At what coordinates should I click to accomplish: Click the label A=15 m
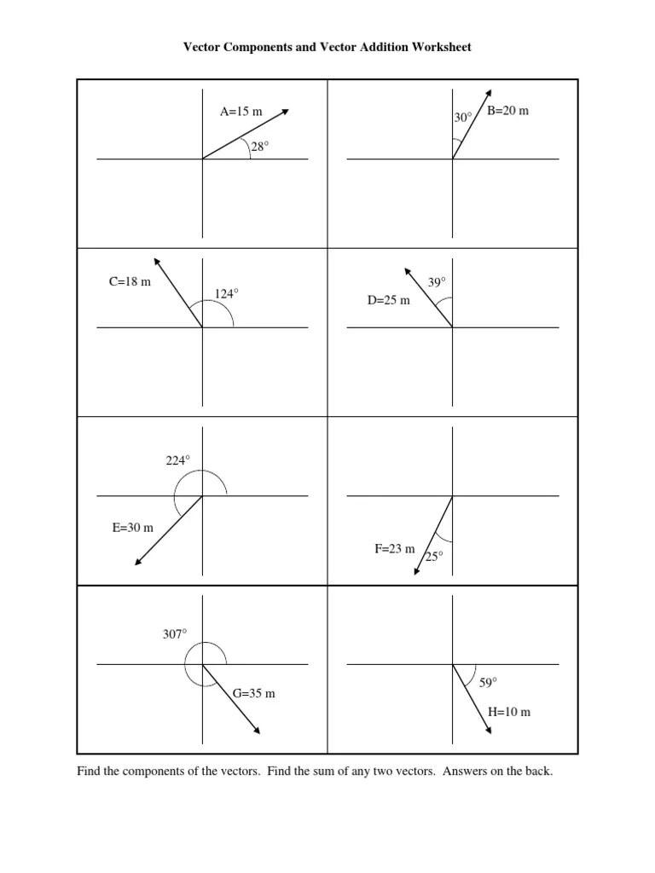241,112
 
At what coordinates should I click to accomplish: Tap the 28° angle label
259,147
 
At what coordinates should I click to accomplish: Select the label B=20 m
508,112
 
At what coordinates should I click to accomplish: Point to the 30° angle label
463,119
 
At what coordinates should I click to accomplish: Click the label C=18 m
130,282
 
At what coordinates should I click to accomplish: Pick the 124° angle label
226,293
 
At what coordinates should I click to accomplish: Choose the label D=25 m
389,300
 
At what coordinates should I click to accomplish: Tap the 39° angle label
437,282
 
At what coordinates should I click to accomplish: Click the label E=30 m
133,528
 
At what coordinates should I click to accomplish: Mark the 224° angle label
177,460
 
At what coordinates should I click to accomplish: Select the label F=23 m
394,549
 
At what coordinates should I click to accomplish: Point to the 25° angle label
435,556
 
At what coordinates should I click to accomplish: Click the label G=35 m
254,693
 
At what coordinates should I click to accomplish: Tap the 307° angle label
174,633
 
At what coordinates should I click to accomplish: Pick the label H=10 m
509,712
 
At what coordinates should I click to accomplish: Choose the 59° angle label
488,682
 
